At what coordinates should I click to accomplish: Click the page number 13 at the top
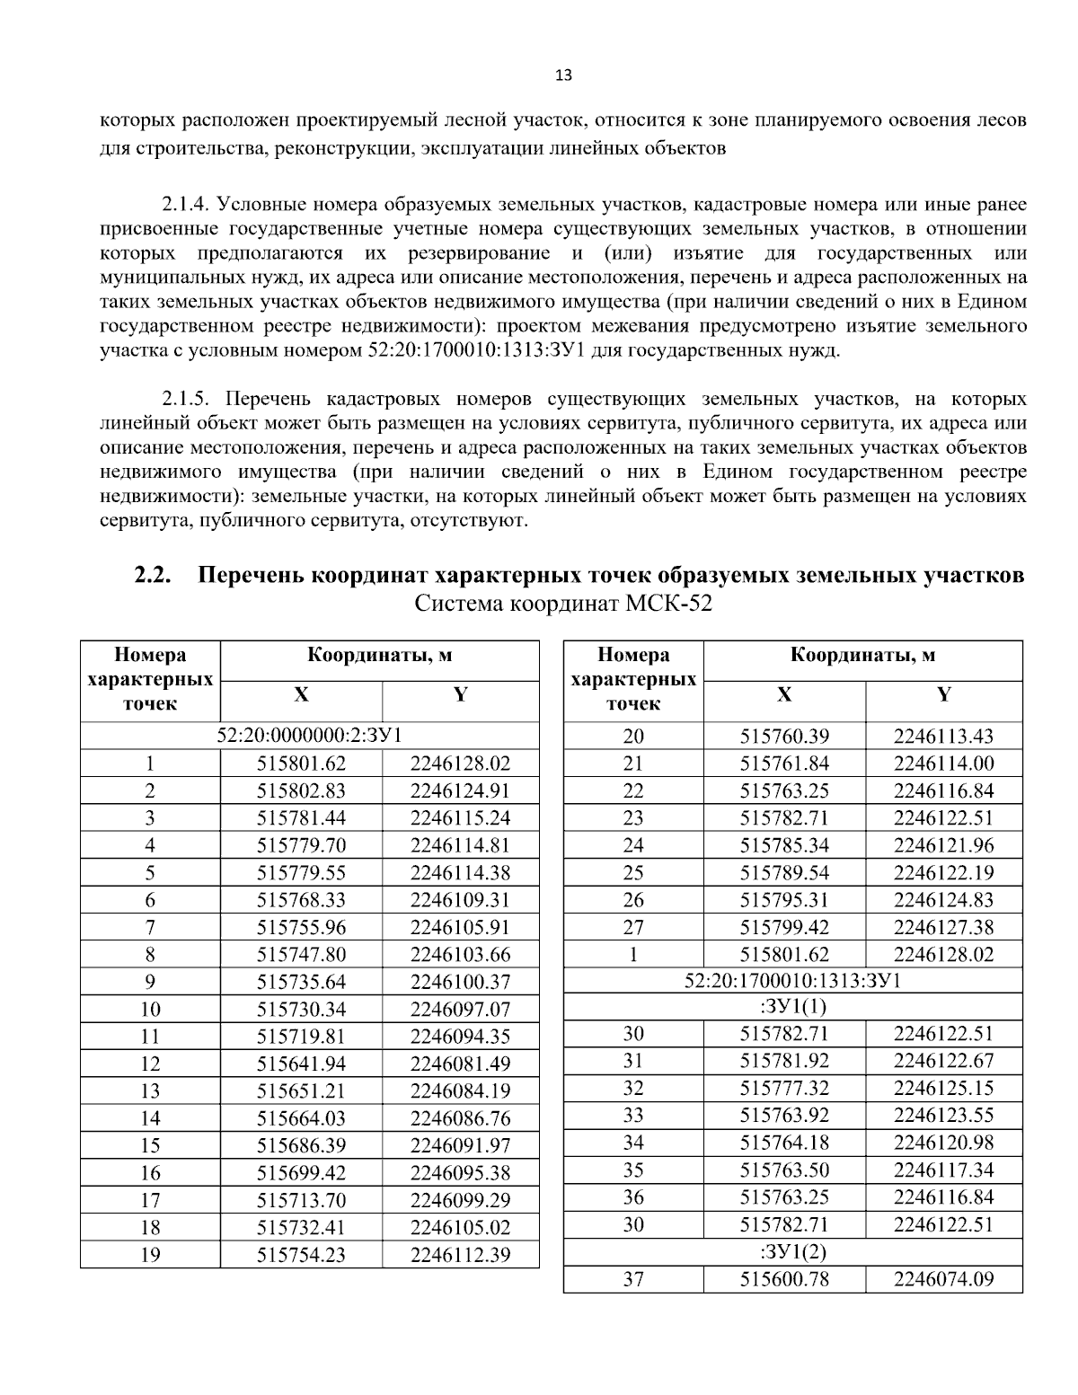click(563, 75)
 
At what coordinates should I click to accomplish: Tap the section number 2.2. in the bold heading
click(154, 575)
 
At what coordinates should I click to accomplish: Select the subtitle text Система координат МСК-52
click(563, 604)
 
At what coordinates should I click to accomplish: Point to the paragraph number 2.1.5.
click(191, 398)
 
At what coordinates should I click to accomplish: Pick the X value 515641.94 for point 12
click(301, 1064)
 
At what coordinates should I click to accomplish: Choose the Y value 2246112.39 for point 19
click(460, 1255)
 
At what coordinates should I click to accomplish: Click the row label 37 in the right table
click(633, 1279)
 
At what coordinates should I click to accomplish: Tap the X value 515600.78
click(784, 1279)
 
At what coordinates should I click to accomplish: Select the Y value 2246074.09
click(943, 1279)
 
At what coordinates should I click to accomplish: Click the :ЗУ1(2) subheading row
click(792, 1252)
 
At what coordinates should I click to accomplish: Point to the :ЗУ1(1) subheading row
click(792, 1006)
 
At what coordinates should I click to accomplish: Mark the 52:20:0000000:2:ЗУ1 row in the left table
click(309, 736)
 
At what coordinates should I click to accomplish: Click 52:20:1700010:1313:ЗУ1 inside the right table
click(792, 980)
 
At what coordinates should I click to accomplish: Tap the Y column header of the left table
click(460, 694)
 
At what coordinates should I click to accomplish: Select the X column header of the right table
click(784, 694)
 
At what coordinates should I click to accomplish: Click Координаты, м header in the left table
click(379, 655)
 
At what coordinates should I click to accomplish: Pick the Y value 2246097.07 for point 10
click(460, 1009)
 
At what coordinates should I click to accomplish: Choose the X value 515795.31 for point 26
click(784, 900)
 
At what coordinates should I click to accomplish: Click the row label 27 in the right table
click(633, 927)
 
